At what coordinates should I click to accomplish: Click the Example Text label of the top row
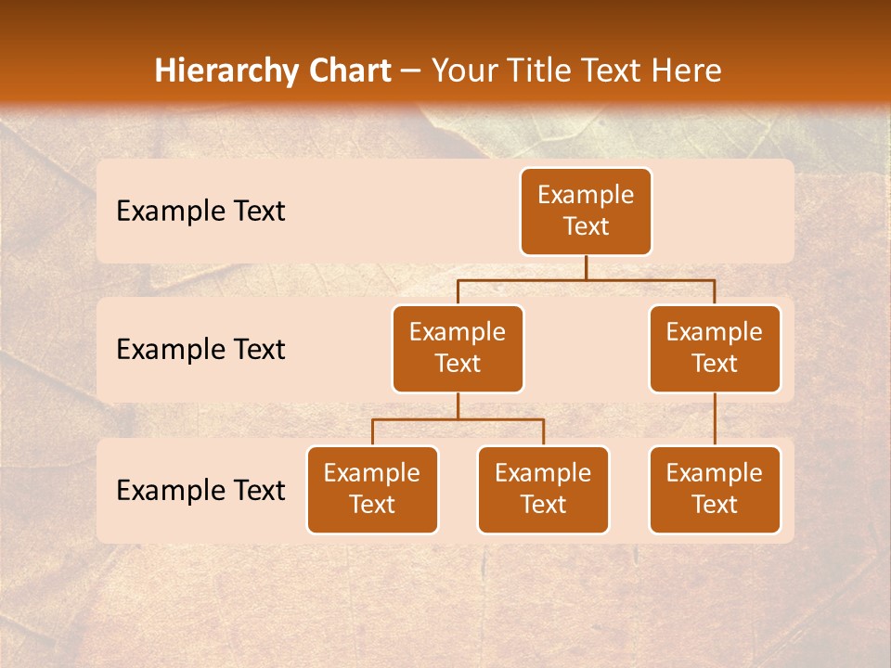(x=200, y=212)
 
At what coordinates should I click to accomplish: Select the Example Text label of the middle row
(x=200, y=350)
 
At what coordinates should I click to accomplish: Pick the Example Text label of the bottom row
(x=200, y=491)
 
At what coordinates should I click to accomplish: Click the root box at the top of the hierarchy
(x=586, y=212)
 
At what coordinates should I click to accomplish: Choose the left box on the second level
(x=458, y=349)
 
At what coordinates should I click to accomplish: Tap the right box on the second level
(x=715, y=349)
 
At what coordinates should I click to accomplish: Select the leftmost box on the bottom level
(x=372, y=490)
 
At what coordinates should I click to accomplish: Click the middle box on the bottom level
(x=543, y=490)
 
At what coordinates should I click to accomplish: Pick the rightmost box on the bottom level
(x=715, y=490)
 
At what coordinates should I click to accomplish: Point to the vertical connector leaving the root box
(x=586, y=267)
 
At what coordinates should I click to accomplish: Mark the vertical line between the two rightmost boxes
(x=715, y=419)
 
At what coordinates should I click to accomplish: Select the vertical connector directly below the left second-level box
(x=458, y=405)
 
